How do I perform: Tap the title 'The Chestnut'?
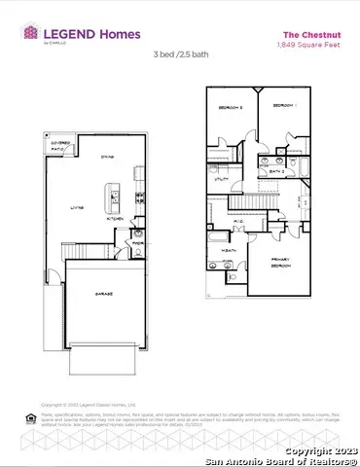(296, 34)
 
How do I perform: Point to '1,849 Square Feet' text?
(296, 45)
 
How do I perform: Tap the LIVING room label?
(76, 207)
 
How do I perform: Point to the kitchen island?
(114, 199)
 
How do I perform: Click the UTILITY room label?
(221, 166)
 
